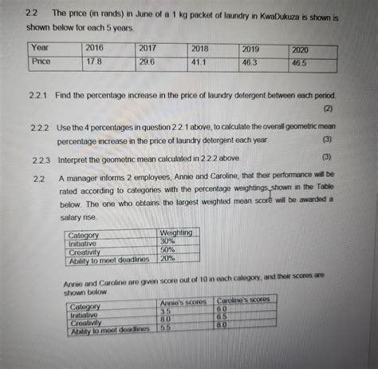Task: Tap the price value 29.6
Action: [x=148, y=61]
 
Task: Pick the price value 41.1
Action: [x=200, y=61]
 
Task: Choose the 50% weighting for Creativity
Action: [x=167, y=250]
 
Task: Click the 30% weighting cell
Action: [x=167, y=241]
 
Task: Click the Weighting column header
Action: [x=175, y=232]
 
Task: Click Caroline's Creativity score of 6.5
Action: [x=223, y=317]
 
